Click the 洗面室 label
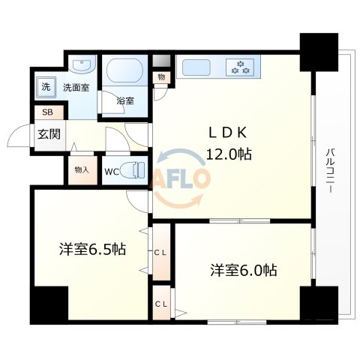(76, 87)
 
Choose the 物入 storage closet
(82, 169)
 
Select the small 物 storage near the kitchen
(161, 77)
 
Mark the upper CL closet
(160, 252)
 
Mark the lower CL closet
(160, 304)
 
